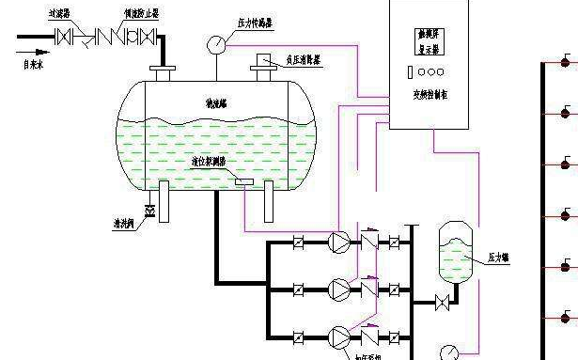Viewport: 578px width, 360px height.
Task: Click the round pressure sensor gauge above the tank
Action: coord(217,43)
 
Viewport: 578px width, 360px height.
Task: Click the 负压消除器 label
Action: coord(305,59)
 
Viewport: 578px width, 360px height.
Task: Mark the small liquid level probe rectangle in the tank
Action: coord(243,180)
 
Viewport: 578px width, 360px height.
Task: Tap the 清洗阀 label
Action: coord(118,225)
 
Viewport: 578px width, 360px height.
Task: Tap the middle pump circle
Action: coord(336,287)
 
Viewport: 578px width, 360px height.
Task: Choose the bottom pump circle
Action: coord(336,335)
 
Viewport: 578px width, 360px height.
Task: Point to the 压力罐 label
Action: coord(498,257)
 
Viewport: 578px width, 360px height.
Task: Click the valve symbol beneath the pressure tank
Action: coord(441,303)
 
